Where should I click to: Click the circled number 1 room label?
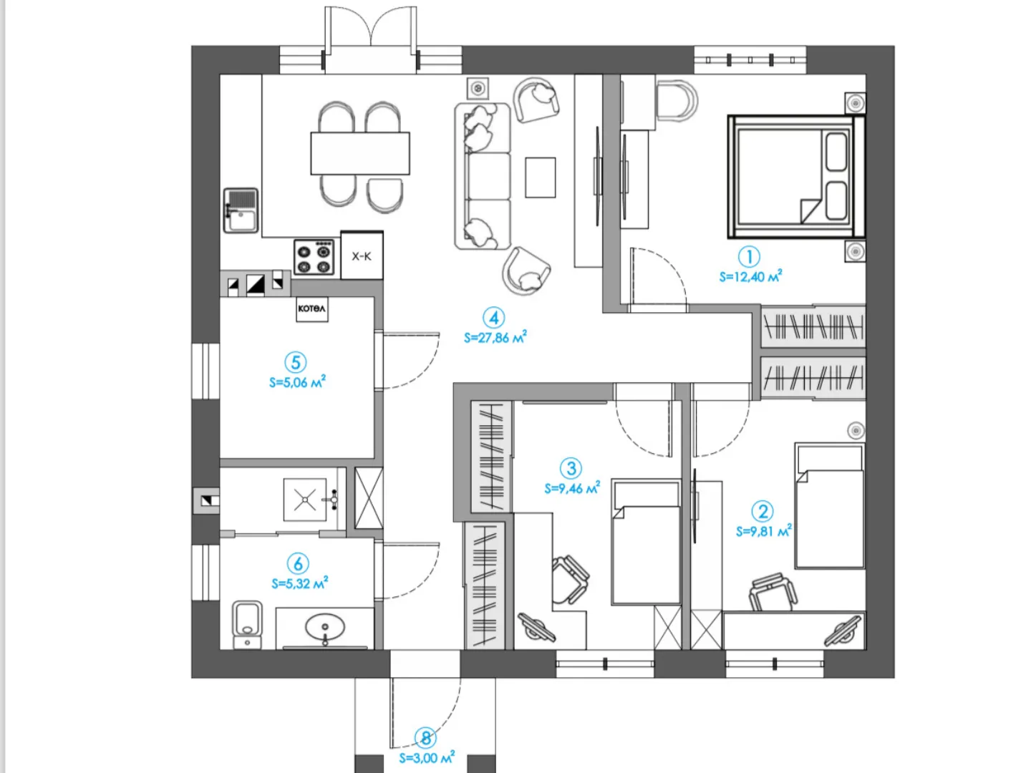pyautogui.click(x=749, y=257)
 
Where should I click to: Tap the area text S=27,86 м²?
pyautogui.click(x=495, y=337)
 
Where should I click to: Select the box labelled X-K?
pyautogui.click(x=362, y=255)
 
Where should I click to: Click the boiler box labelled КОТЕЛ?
pyautogui.click(x=312, y=308)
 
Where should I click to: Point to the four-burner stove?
pyautogui.click(x=314, y=257)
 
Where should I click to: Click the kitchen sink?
pyautogui.click(x=241, y=210)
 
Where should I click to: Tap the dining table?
pyautogui.click(x=360, y=153)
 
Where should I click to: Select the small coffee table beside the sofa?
pyautogui.click(x=540, y=177)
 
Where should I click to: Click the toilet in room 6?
pyautogui.click(x=248, y=623)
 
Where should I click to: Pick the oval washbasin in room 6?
pyautogui.click(x=325, y=627)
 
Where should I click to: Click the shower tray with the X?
pyautogui.click(x=305, y=500)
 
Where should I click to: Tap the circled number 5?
pyautogui.click(x=296, y=362)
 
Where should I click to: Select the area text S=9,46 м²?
pyautogui.click(x=572, y=488)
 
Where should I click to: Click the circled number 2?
pyautogui.click(x=763, y=511)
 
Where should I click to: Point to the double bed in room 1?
pyautogui.click(x=796, y=177)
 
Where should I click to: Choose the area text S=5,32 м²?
pyautogui.click(x=300, y=583)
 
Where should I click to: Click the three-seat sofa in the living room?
pyautogui.click(x=483, y=177)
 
